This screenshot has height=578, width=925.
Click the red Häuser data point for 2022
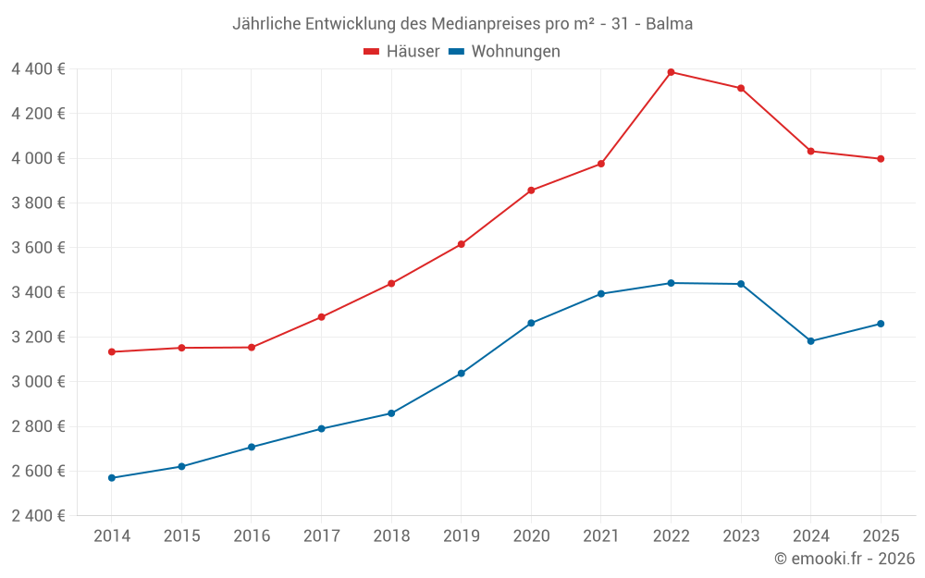pos(671,72)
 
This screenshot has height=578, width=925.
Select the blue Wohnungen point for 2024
pos(811,341)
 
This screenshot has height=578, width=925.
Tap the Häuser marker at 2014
pos(112,351)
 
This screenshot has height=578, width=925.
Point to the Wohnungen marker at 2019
pos(461,374)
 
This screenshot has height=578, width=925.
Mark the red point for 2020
pos(531,191)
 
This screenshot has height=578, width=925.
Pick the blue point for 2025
pos(881,324)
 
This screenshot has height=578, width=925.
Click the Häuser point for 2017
pos(321,317)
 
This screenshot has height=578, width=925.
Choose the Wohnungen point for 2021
pos(601,294)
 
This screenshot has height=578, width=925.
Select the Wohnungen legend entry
pos(504,52)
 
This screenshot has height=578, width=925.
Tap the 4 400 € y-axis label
pos(38,69)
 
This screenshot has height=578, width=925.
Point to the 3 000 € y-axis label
pos(38,382)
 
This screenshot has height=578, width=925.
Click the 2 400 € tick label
pos(38,516)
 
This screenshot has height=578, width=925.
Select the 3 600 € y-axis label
pos(38,248)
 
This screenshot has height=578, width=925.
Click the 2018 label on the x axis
pos(391,536)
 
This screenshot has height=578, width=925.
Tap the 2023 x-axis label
pos(741,536)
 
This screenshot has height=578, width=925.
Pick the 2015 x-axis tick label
pos(181,536)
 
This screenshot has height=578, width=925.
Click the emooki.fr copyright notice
pos(844,559)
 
